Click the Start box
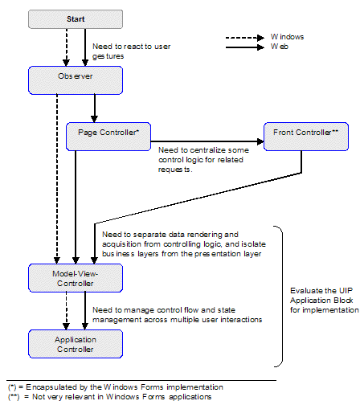tap(76, 18)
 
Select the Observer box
tap(76, 78)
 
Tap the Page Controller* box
tap(109, 133)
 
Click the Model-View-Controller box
tap(76, 278)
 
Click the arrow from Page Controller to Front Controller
tap(209, 141)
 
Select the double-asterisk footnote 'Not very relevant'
tap(108, 396)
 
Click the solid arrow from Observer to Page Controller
tap(95, 104)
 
